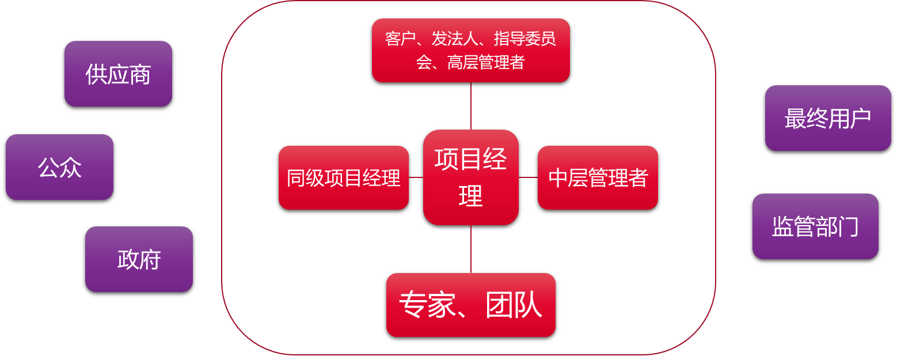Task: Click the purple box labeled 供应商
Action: [118, 74]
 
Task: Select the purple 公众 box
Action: [59, 167]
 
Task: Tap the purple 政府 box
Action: [139, 259]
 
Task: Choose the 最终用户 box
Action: [828, 118]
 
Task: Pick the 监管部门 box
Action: [815, 226]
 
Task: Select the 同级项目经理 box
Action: [344, 177]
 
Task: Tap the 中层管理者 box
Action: [598, 177]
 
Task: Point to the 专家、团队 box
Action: [471, 305]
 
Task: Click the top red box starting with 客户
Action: [471, 50]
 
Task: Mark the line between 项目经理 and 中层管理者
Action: [528, 177]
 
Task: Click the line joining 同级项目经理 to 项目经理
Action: [416, 177]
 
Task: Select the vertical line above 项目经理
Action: [471, 106]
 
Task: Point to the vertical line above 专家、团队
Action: [471, 249]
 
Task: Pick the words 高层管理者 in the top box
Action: [486, 62]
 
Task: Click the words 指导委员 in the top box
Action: [524, 39]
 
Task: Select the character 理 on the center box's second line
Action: [470, 196]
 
